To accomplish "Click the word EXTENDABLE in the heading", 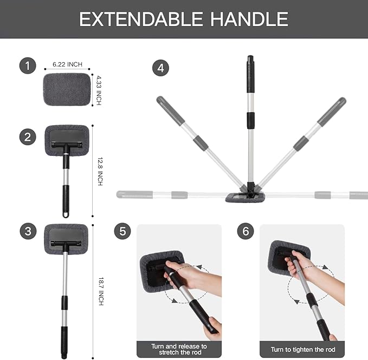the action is (141, 19).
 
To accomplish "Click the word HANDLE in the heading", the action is (249, 19).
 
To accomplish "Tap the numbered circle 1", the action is (28, 66).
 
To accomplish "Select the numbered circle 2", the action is (28, 137).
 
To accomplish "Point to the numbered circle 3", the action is (28, 231).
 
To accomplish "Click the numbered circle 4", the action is (161, 68).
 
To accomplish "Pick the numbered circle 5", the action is (122, 231).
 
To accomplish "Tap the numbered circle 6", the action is (246, 231).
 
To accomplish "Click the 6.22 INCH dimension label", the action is (67, 64).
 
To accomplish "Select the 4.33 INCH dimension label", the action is (99, 90).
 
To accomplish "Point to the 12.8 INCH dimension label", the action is (100, 172).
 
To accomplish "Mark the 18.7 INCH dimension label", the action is (101, 291).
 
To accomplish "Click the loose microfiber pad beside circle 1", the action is (67, 89).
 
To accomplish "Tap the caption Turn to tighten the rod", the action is (303, 350).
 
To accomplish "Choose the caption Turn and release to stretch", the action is (179, 349).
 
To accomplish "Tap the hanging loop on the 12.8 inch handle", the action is (66, 214).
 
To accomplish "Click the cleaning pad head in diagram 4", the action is (245, 198).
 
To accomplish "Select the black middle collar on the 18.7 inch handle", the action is (64, 303).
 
